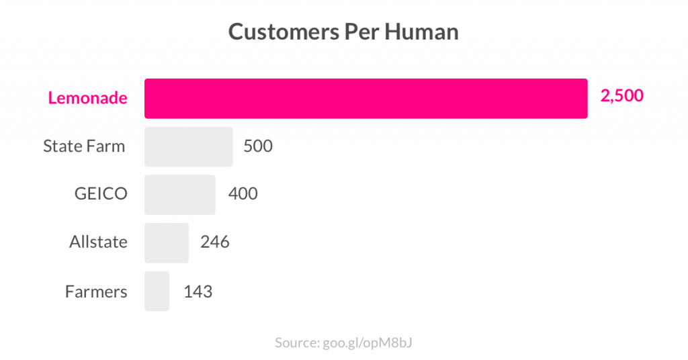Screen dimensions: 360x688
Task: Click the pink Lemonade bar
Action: coord(366,99)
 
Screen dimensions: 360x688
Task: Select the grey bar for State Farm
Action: coord(189,146)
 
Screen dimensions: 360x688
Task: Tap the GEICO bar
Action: coord(180,195)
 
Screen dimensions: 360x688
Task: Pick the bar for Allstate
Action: coord(167,242)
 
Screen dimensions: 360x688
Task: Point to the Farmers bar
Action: coord(157,291)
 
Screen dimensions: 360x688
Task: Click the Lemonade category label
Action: coord(87,98)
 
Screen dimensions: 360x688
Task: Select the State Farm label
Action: coord(84,146)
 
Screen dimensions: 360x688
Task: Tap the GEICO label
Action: coord(101,194)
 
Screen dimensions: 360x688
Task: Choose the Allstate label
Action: coord(98,242)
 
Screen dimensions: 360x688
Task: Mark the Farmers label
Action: coord(96,291)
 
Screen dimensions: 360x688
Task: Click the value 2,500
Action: coord(621,96)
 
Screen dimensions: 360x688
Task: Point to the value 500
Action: coord(258,146)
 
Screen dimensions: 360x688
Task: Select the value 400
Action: coord(243,194)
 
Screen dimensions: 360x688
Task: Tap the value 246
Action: coord(215,242)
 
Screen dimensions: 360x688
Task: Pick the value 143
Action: coord(198,291)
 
